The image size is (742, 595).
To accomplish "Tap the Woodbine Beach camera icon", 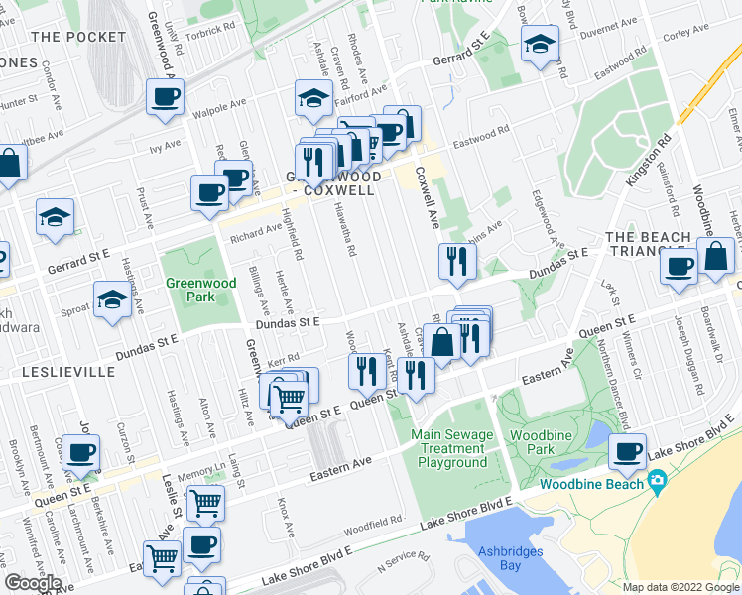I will [656, 483].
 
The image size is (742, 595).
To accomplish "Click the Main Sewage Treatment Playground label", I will [452, 448].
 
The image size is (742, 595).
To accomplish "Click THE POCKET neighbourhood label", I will [79, 37].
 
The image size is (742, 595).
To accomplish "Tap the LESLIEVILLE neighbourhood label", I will [57, 373].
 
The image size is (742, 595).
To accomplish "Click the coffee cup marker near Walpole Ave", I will [165, 98].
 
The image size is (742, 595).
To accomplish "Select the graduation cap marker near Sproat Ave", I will [113, 298].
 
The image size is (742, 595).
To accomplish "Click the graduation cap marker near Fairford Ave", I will [312, 99].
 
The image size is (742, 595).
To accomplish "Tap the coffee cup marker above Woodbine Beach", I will [627, 452].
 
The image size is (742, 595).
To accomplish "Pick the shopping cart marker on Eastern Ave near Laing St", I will [205, 502].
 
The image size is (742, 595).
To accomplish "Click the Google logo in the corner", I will [33, 583].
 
